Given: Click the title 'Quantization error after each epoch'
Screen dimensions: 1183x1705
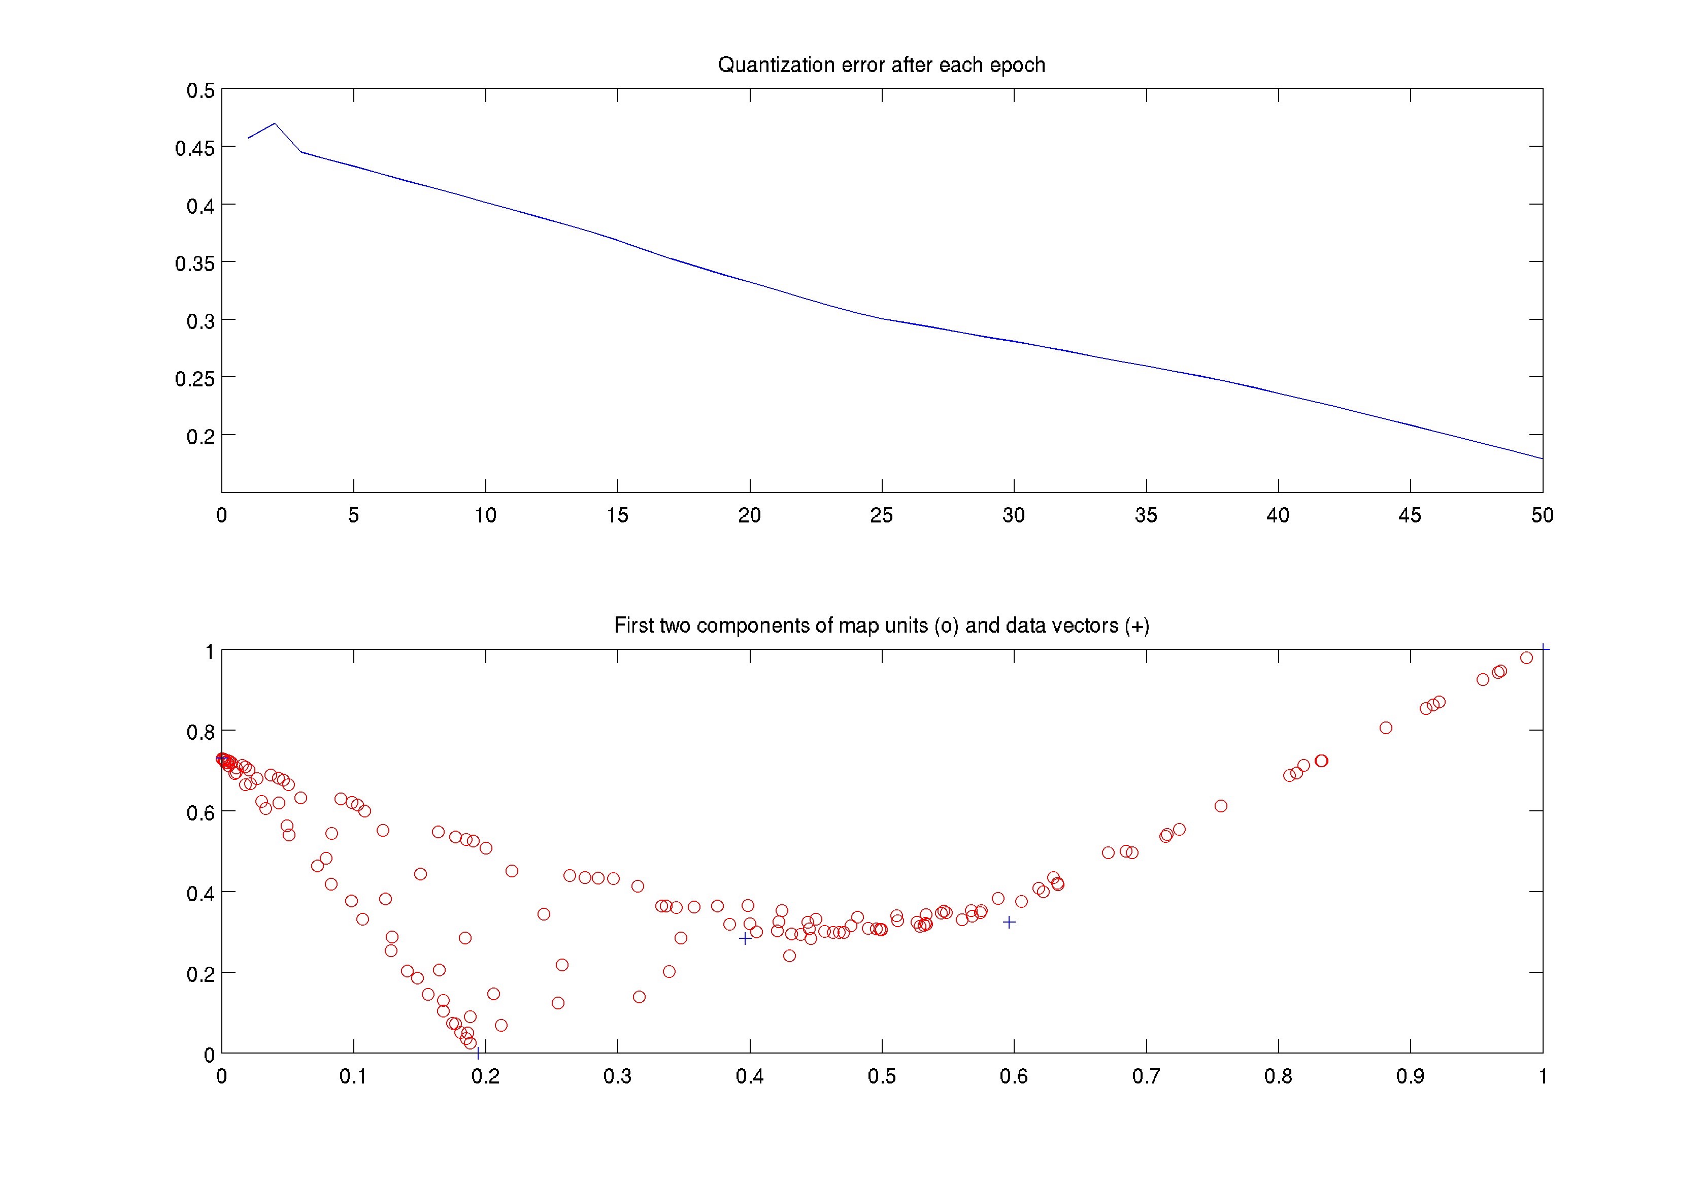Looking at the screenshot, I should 881,65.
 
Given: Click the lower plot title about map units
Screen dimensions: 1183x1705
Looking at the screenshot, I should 881,626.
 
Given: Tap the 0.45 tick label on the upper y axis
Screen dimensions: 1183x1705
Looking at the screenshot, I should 195,148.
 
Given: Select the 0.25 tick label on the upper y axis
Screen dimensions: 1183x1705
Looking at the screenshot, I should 195,379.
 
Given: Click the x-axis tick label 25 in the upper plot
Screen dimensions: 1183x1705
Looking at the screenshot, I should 881,515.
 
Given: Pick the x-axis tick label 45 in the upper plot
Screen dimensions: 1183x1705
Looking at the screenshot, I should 1410,515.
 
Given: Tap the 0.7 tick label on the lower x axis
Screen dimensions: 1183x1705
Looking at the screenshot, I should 1146,1076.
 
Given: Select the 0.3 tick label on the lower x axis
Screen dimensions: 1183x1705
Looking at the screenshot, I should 617,1076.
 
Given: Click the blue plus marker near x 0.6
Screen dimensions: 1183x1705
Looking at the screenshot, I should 1009,922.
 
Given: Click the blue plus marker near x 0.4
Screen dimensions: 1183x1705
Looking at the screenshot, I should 745,938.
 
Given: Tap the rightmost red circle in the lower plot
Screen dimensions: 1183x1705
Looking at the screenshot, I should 1526,658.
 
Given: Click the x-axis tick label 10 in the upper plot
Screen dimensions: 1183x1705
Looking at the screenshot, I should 485,515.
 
